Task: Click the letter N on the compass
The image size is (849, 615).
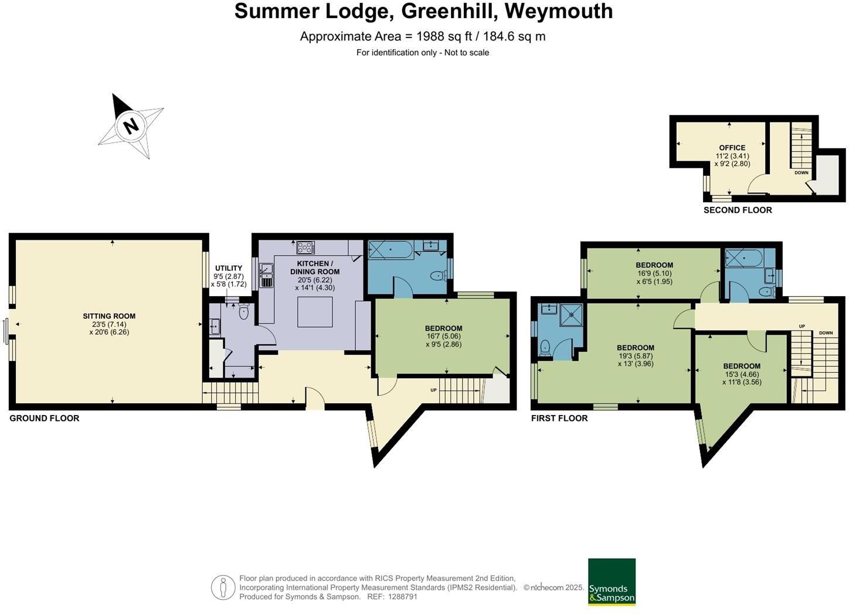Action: pos(131,126)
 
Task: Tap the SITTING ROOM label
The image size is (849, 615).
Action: pos(109,316)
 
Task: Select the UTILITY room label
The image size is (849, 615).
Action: pos(229,268)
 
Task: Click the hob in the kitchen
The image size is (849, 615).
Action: pos(305,247)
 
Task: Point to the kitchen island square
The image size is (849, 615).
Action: pos(315,312)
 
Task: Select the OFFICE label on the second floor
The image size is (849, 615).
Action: pos(732,148)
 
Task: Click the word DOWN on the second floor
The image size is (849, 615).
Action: pos(802,173)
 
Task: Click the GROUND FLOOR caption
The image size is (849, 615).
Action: pos(45,419)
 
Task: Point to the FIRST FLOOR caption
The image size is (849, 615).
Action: pos(559,419)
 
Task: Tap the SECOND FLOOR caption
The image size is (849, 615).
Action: pos(738,210)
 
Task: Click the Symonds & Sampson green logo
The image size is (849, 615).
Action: pos(612,582)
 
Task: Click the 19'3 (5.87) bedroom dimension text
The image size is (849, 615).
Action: pos(636,356)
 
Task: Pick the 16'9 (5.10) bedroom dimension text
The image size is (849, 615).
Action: pos(654,273)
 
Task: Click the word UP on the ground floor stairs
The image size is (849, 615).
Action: pos(434,390)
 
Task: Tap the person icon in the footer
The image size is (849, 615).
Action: pos(223,587)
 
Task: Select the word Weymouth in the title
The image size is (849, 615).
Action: pos(559,11)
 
